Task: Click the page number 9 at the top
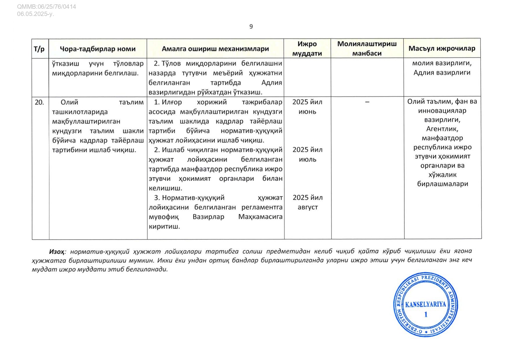tap(251, 27)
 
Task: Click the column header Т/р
tap(39, 49)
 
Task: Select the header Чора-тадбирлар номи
tap(98, 49)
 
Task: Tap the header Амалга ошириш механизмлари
tap(215, 49)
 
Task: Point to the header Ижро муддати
tap(307, 48)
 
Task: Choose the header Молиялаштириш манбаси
tap(367, 48)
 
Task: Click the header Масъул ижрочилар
tap(442, 48)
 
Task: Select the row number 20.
tap(39, 102)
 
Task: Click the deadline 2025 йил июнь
tap(307, 107)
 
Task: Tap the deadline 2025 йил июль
tap(307, 154)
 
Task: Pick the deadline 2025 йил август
tap(307, 202)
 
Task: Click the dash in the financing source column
tap(367, 102)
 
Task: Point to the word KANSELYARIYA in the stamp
tap(425, 304)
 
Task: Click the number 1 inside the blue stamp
tap(426, 314)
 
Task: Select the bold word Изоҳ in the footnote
tap(57, 251)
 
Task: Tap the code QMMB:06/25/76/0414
tap(46, 7)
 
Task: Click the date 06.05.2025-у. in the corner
tap(35, 14)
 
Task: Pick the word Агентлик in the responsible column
tap(442, 129)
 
